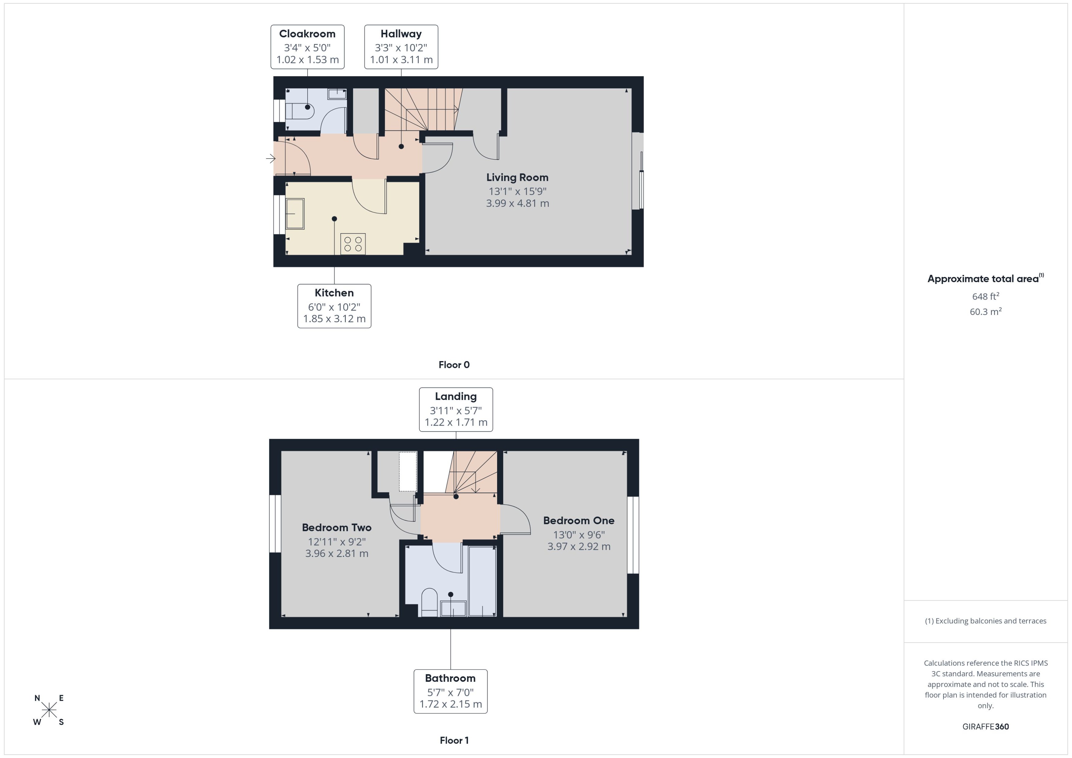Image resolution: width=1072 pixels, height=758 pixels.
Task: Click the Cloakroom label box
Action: click(x=307, y=47)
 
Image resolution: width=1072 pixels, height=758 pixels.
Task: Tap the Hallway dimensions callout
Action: click(x=401, y=47)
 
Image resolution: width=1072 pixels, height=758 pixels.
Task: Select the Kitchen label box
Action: click(x=334, y=306)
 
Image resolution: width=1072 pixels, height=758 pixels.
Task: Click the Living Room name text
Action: click(x=517, y=177)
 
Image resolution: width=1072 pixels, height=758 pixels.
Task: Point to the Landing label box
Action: click(x=455, y=409)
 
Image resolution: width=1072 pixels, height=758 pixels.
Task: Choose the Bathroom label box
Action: click(x=450, y=691)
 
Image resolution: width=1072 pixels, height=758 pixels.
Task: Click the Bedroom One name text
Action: click(x=578, y=521)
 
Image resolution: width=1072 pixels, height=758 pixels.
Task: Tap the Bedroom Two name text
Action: click(x=336, y=528)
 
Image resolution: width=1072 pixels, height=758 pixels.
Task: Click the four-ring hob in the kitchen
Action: click(x=353, y=244)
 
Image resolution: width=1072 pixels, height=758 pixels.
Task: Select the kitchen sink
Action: click(x=295, y=214)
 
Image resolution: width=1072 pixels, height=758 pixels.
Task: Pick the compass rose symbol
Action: click(x=49, y=710)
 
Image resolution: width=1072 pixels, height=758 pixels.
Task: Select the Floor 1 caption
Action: click(x=454, y=740)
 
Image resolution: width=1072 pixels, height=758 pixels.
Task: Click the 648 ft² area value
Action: click(x=985, y=297)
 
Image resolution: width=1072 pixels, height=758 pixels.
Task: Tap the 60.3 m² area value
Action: click(x=985, y=311)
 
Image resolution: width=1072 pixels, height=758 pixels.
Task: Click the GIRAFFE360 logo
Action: click(x=985, y=726)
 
